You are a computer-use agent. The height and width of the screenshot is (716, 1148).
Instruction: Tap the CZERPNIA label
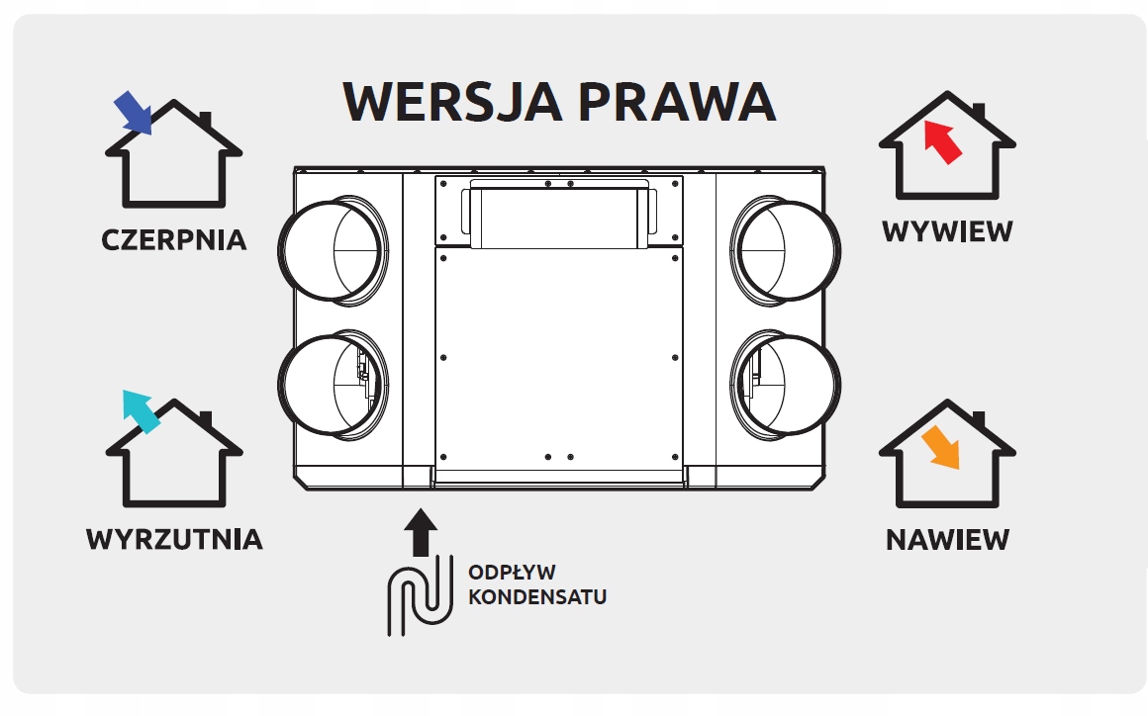(174, 239)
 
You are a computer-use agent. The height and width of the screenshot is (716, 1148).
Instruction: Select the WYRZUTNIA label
(174, 539)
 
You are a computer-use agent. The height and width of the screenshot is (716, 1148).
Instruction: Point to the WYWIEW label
(947, 231)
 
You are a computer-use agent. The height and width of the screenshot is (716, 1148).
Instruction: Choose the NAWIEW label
(947, 540)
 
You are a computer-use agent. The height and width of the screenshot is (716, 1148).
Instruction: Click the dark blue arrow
(133, 112)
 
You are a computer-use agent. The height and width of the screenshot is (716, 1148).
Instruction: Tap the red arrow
(941, 140)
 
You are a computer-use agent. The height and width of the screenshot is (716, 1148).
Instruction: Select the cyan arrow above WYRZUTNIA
(140, 411)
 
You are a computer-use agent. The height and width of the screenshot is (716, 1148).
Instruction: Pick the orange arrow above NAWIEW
(940, 448)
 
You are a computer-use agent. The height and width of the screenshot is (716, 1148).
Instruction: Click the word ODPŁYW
(512, 573)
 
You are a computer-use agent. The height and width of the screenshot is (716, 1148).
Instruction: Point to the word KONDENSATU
(536, 597)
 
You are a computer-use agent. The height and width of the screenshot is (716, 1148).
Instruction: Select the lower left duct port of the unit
(332, 384)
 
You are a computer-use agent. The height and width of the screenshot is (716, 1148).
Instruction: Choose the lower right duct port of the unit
(787, 384)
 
